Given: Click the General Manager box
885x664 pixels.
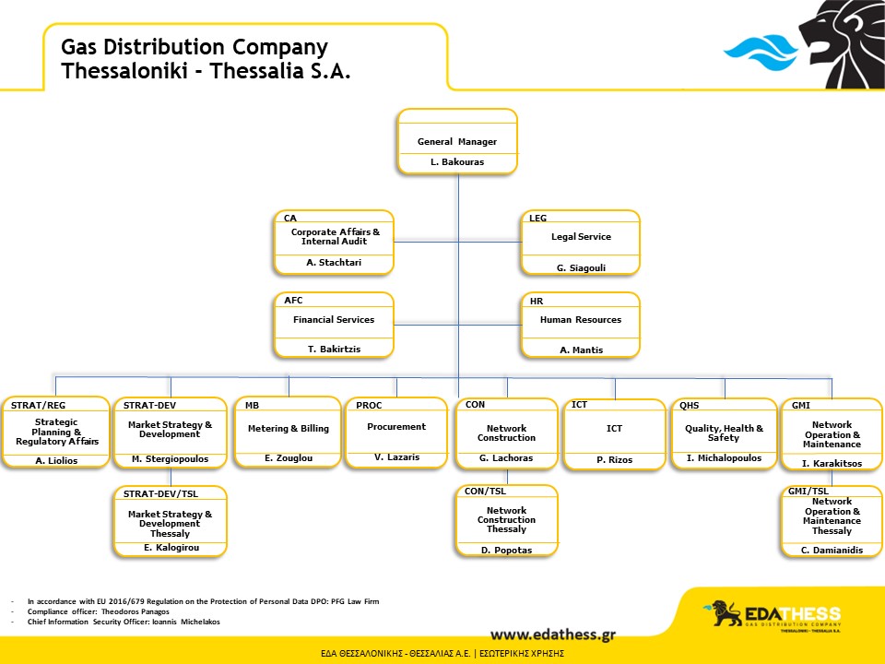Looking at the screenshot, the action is tap(457, 141).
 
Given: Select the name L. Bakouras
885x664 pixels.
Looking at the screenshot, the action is tap(457, 162).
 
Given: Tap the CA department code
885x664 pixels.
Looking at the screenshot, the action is tap(290, 218).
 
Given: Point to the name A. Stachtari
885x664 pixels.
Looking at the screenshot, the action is tap(334, 263).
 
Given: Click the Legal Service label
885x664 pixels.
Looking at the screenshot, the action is tap(581, 237).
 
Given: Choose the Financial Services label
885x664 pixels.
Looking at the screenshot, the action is tap(334, 320).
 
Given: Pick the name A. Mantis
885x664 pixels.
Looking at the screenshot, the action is tap(582, 350).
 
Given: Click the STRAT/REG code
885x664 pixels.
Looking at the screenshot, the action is tap(39, 406).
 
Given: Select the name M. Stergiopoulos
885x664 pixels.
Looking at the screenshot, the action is tap(170, 459).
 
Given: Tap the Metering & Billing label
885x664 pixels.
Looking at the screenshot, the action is tap(289, 429).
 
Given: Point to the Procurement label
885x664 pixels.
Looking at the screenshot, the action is tap(396, 427).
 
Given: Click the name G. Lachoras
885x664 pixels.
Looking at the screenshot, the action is tap(506, 458).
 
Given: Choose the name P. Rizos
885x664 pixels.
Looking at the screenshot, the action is tap(615, 459).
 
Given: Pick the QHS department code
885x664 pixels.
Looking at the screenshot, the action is tap(690, 406).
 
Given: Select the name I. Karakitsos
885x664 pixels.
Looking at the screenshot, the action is tap(832, 464).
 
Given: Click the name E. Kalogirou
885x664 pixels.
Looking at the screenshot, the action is tap(171, 548).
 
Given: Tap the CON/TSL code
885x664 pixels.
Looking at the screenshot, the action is tap(486, 492).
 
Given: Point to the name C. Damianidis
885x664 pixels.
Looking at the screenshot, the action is tap(832, 550).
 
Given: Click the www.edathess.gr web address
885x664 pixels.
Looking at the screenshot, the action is tap(553, 634).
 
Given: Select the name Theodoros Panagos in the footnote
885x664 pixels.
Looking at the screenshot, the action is tap(135, 611).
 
